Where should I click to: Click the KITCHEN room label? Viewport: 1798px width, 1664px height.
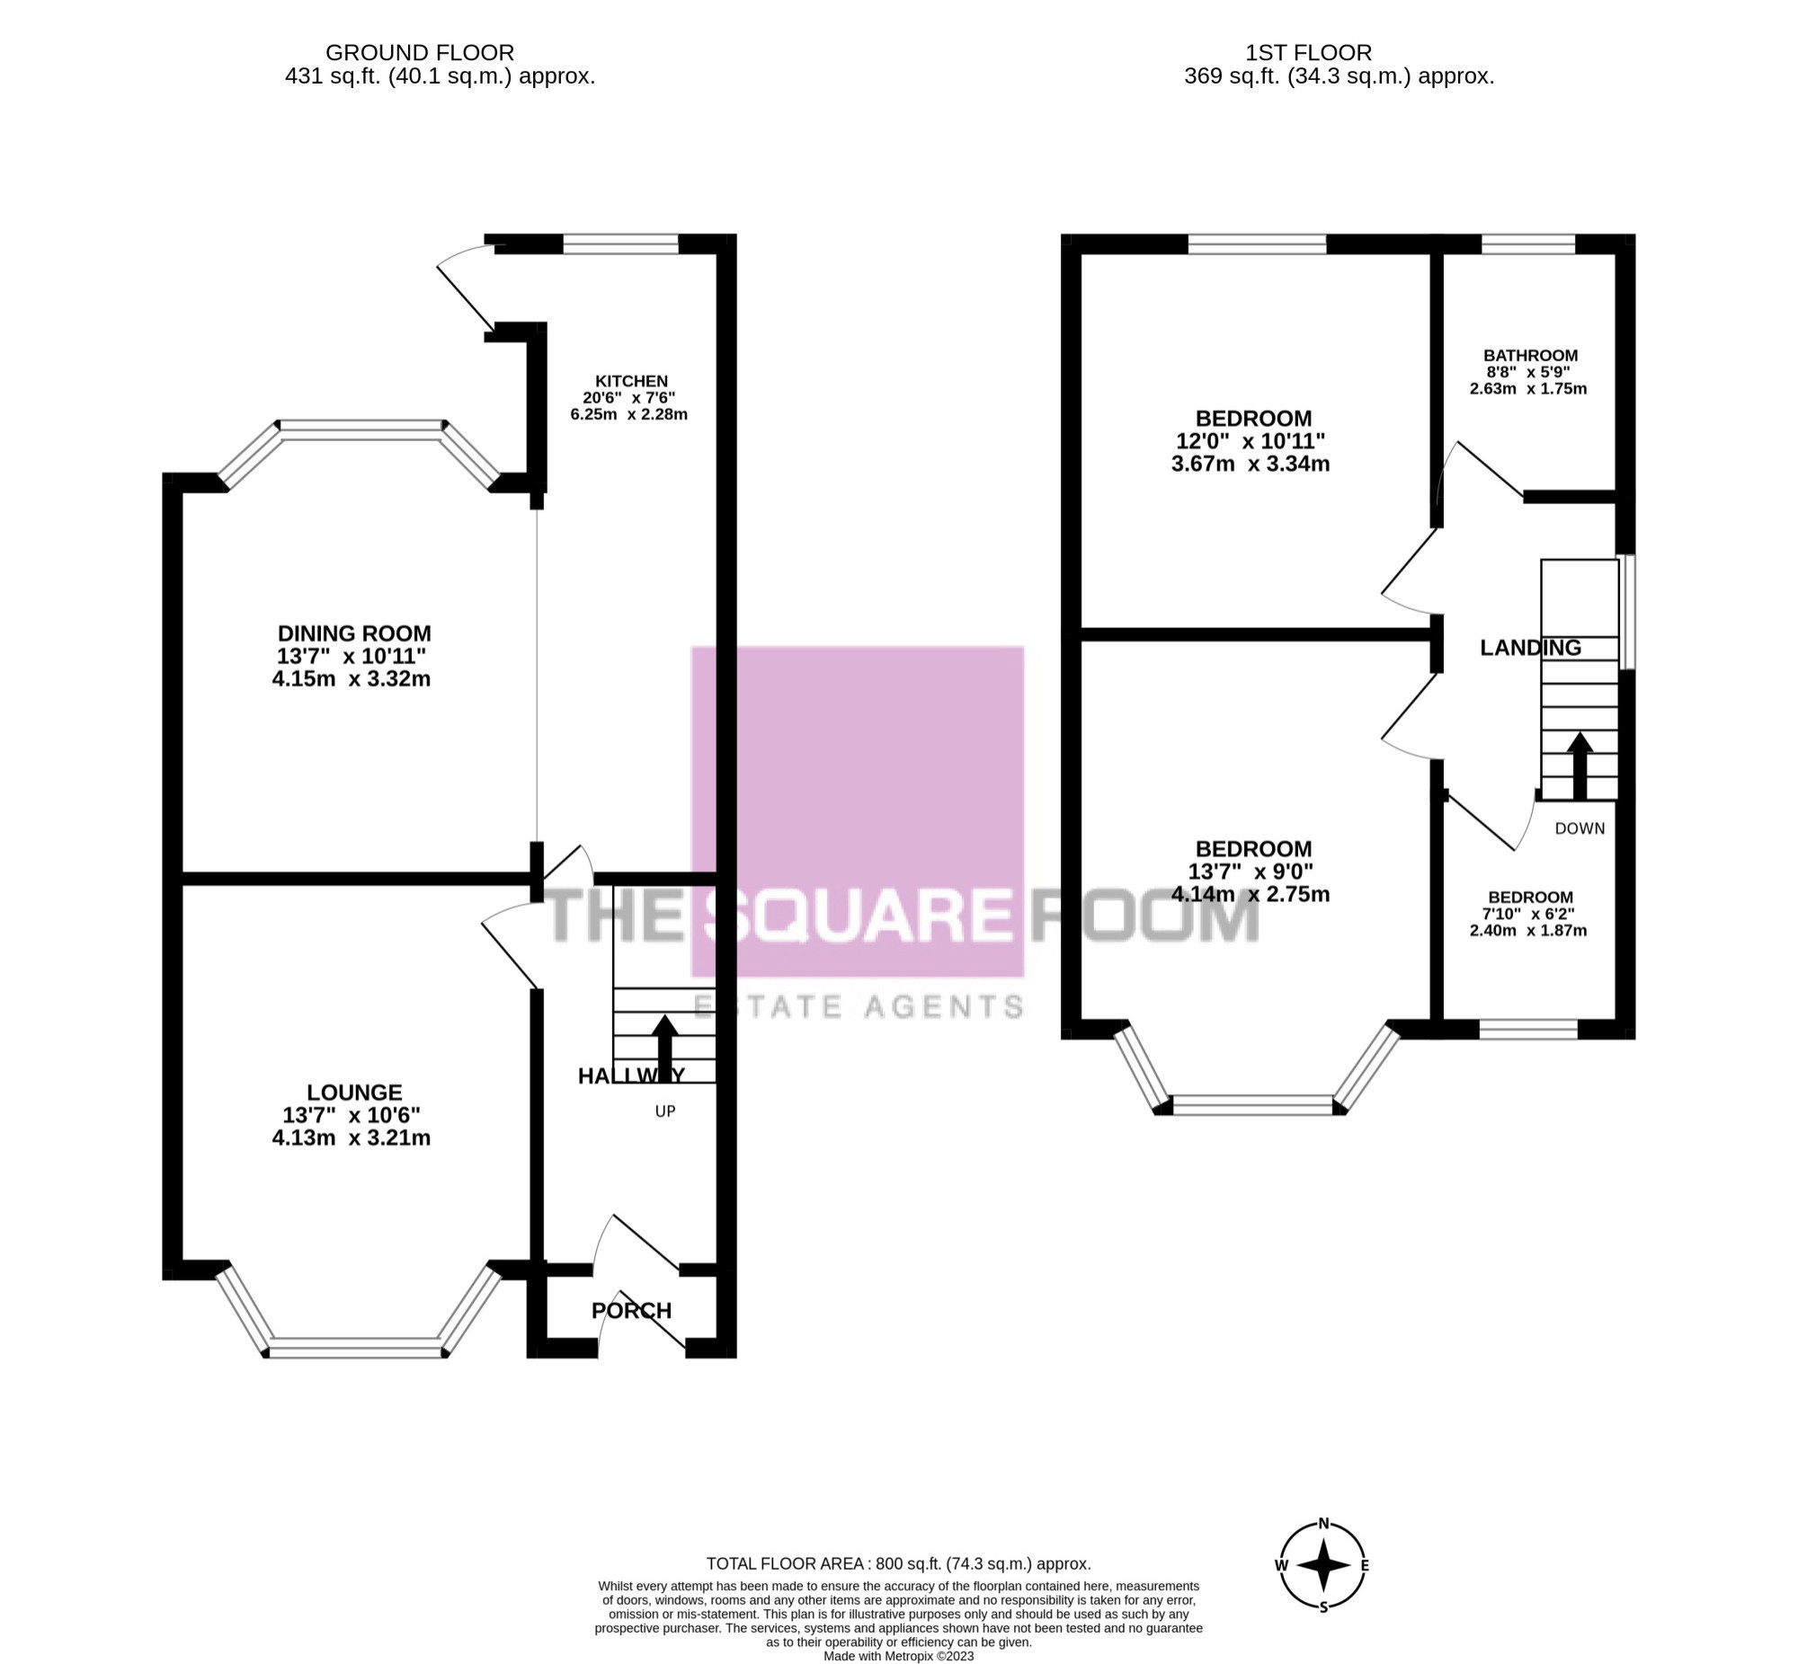click(x=630, y=381)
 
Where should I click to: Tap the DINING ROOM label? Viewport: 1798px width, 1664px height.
click(x=354, y=633)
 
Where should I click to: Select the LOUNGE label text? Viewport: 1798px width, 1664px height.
click(x=354, y=1093)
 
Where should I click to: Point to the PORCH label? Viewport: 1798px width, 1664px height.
click(x=631, y=1310)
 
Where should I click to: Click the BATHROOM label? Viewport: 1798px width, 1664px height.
click(x=1530, y=356)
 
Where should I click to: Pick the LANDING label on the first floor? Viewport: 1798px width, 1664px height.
click(x=1530, y=648)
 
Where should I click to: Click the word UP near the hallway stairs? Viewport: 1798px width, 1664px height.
click(x=664, y=1111)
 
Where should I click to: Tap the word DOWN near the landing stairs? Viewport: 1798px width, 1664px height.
click(x=1580, y=828)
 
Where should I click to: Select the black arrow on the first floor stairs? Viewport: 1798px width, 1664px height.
click(x=1580, y=766)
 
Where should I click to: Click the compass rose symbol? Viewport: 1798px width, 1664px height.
click(x=1323, y=1565)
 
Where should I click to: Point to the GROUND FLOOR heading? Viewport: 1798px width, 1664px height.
click(x=420, y=53)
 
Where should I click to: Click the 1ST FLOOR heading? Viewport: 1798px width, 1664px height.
click(x=1309, y=53)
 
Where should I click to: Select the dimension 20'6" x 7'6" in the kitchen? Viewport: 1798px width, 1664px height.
click(x=628, y=398)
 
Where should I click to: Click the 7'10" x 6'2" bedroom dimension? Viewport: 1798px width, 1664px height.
click(x=1529, y=914)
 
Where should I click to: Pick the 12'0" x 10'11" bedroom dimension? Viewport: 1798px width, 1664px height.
click(x=1251, y=441)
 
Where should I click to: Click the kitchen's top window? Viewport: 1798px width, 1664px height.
click(x=620, y=244)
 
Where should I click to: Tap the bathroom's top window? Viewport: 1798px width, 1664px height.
click(x=1527, y=244)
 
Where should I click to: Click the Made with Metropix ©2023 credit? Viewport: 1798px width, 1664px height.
click(x=898, y=1656)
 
